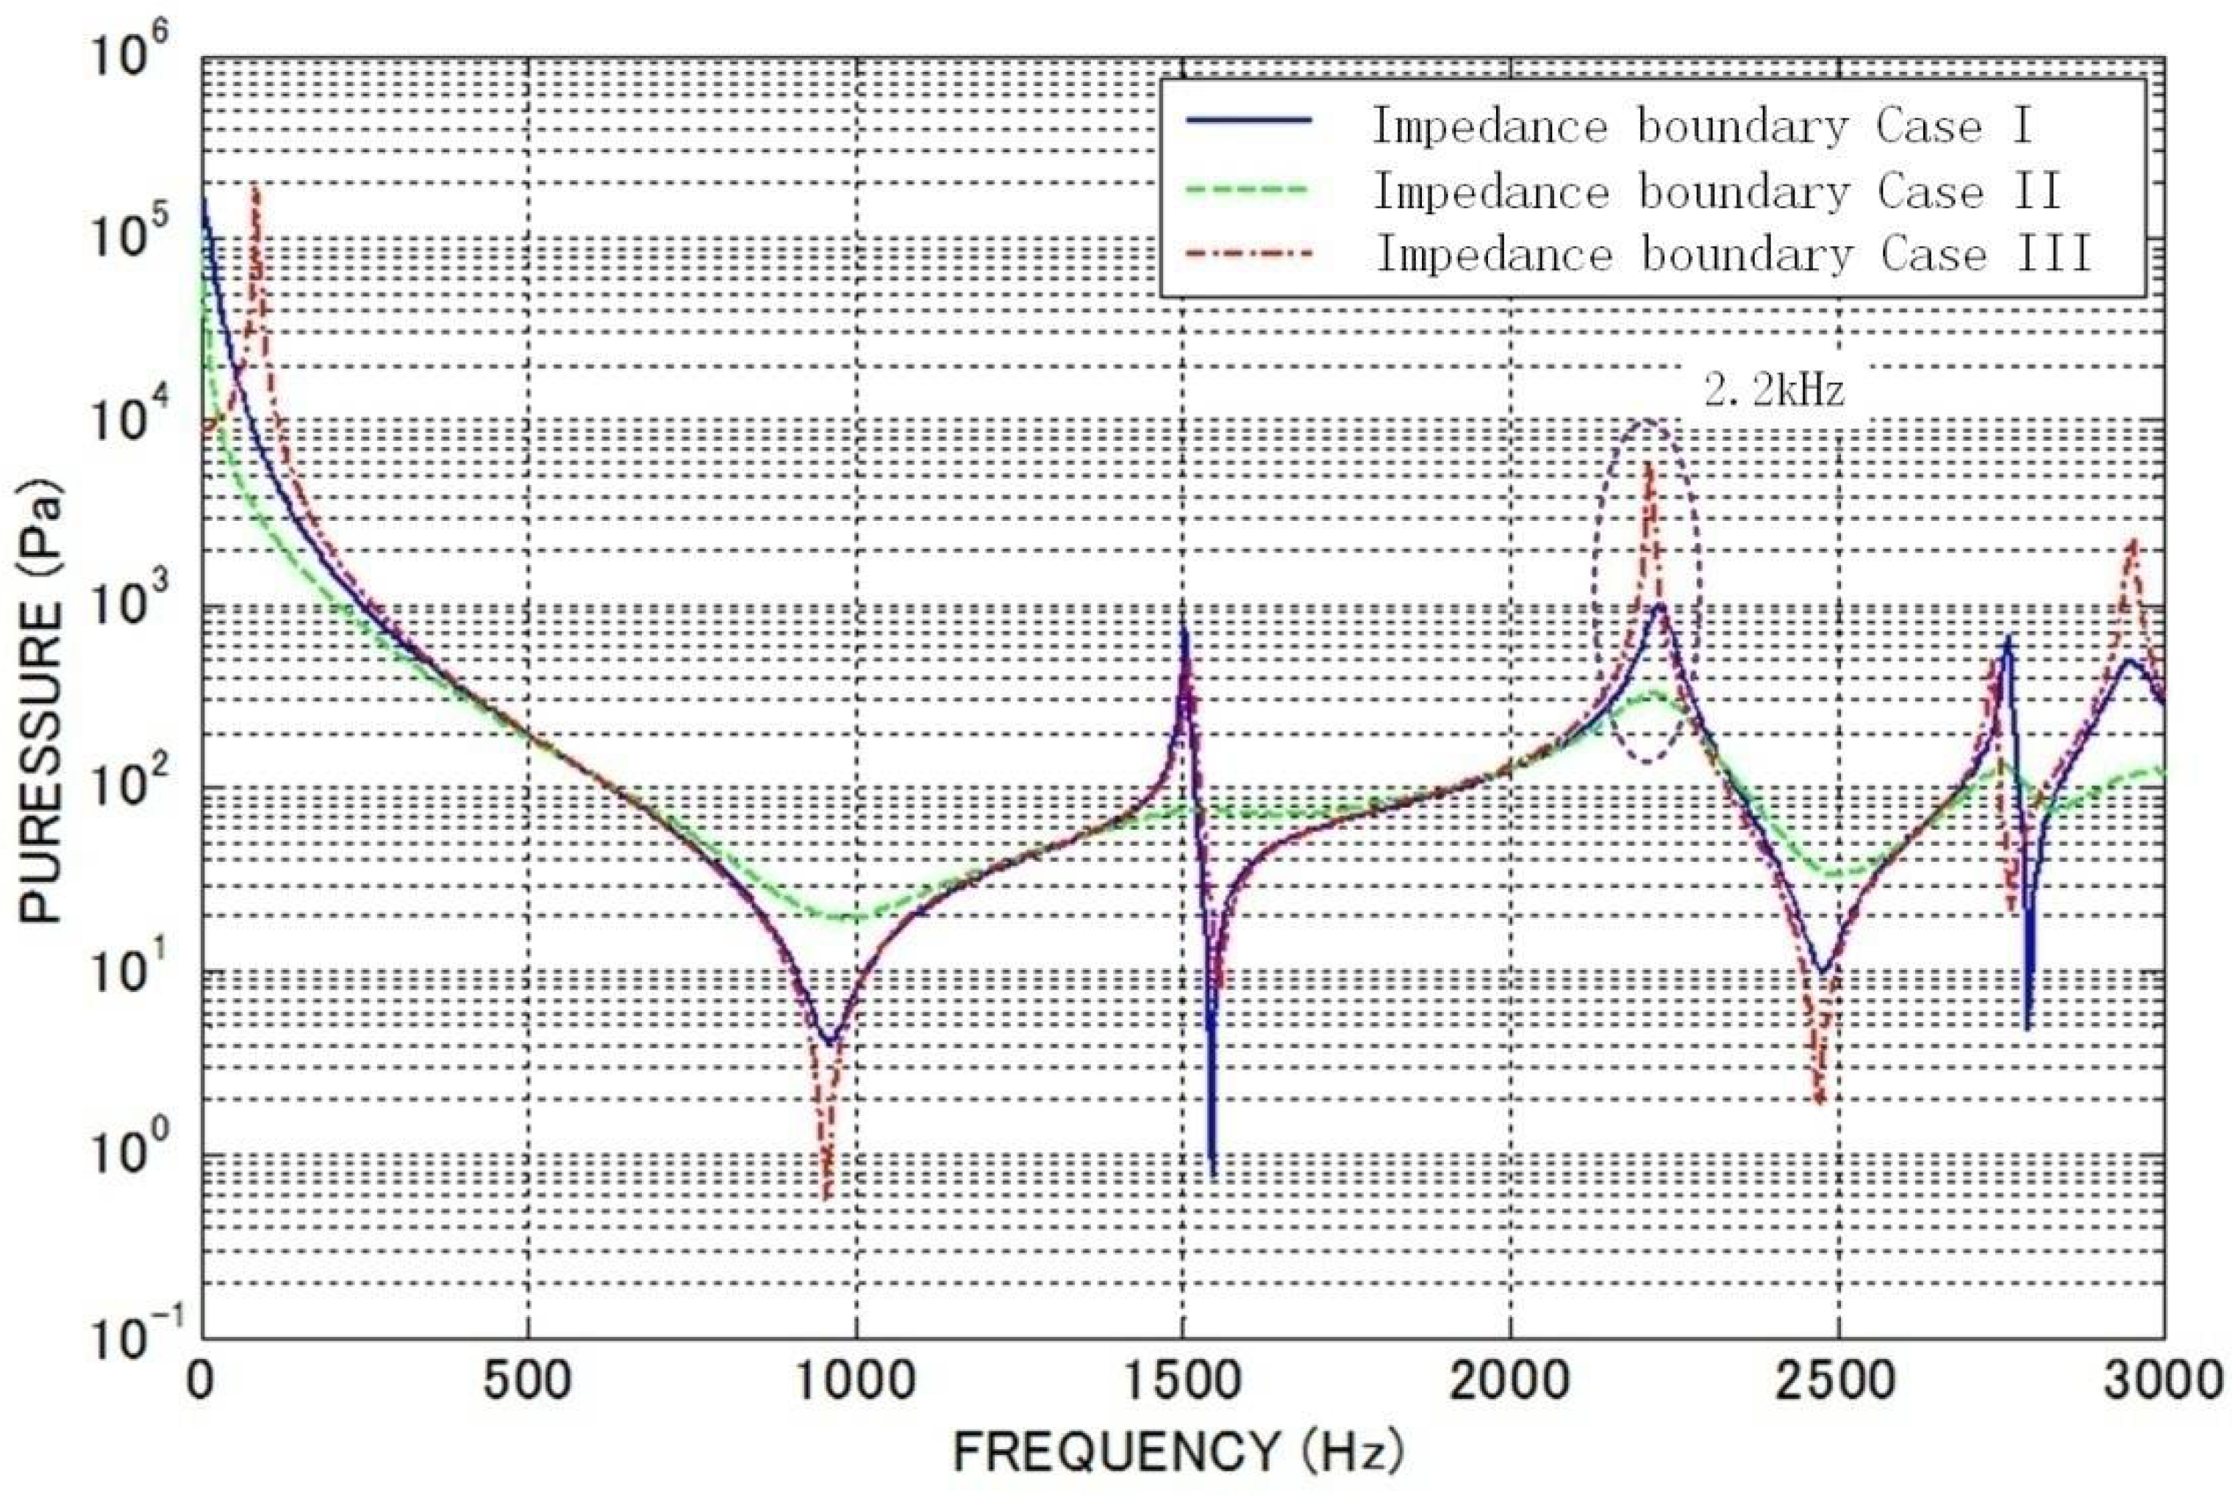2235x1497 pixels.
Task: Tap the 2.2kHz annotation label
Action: pyautogui.click(x=1774, y=389)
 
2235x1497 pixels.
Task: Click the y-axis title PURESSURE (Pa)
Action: pyautogui.click(x=40, y=706)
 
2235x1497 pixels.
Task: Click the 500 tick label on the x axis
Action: pyautogui.click(x=527, y=1382)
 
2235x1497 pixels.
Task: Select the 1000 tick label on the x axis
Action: pyautogui.click(x=856, y=1382)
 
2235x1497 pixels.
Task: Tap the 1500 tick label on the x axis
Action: pyautogui.click(x=1182, y=1382)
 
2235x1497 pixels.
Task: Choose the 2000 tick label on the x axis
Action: pyautogui.click(x=1510, y=1382)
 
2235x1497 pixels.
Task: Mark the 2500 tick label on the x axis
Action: pyautogui.click(x=1837, y=1382)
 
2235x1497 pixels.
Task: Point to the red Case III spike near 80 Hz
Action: pyautogui.click(x=255, y=187)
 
